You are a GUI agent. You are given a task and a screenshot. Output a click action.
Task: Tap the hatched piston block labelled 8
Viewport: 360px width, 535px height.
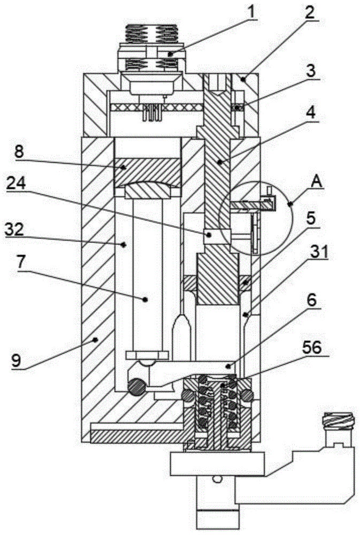146,170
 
